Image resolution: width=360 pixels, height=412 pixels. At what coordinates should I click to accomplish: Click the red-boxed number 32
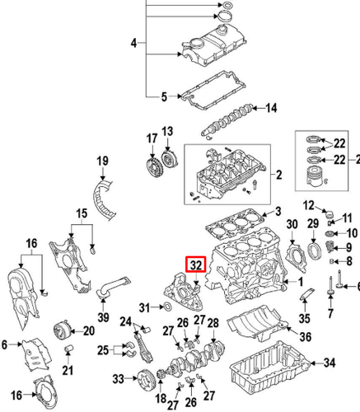coord(196,265)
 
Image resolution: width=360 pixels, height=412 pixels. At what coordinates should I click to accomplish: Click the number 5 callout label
coord(134,41)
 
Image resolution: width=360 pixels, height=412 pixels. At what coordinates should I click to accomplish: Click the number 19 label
coord(103,161)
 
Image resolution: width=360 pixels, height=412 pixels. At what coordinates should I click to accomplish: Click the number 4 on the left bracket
coord(134,41)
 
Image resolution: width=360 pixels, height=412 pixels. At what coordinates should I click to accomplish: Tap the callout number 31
coord(145,307)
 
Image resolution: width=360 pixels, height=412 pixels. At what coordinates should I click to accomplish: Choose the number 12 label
coord(309,204)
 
